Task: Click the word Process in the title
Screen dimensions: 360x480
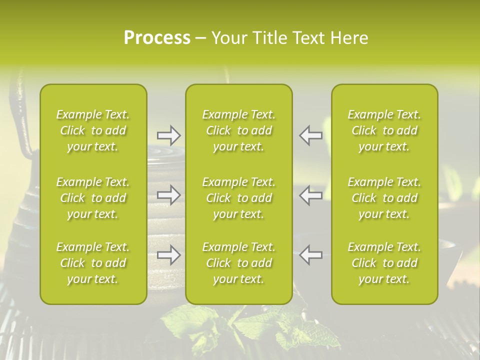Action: [x=157, y=38]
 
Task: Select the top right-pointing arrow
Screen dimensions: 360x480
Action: [x=168, y=135]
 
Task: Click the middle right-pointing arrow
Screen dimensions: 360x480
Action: [x=168, y=195]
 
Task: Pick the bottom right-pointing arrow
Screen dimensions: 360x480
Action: [x=168, y=255]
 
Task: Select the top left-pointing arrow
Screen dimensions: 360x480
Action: [x=311, y=135]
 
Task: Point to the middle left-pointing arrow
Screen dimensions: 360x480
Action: [x=311, y=195]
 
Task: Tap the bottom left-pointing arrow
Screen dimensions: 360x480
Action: [x=311, y=255]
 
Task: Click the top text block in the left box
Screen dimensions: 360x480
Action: [x=93, y=130]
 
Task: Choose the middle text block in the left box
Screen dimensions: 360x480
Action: [x=93, y=198]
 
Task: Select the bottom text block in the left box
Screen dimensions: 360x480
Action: [x=93, y=263]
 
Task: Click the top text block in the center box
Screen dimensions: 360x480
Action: [x=238, y=130]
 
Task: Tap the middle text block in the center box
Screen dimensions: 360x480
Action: [x=238, y=198]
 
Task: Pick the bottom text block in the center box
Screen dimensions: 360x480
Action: [x=238, y=263]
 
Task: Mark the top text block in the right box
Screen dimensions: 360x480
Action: [x=384, y=130]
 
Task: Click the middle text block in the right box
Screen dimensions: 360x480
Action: [x=384, y=198]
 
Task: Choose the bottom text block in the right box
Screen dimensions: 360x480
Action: [x=384, y=263]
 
